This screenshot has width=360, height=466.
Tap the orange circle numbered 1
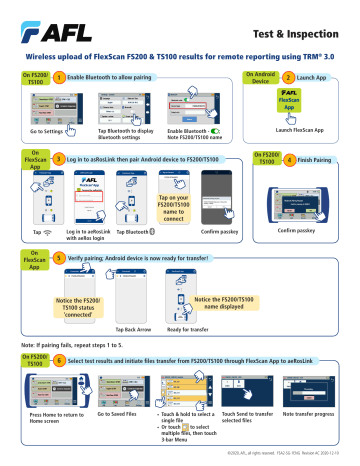click(60, 76)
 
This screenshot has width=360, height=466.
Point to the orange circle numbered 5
click(61, 256)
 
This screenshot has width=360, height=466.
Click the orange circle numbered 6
click(60, 359)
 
